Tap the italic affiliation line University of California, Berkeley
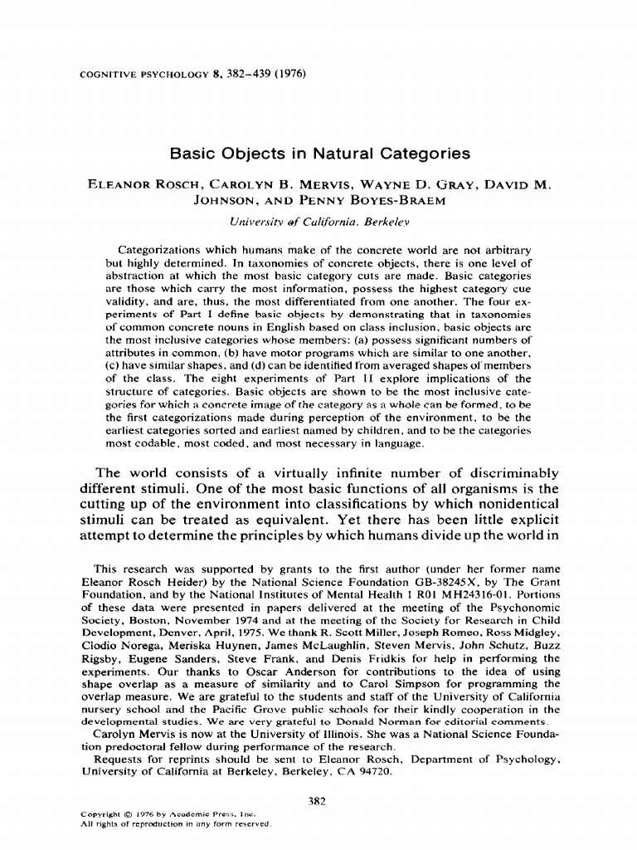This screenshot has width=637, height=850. click(318, 222)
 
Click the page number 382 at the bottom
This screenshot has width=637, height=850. click(318, 802)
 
